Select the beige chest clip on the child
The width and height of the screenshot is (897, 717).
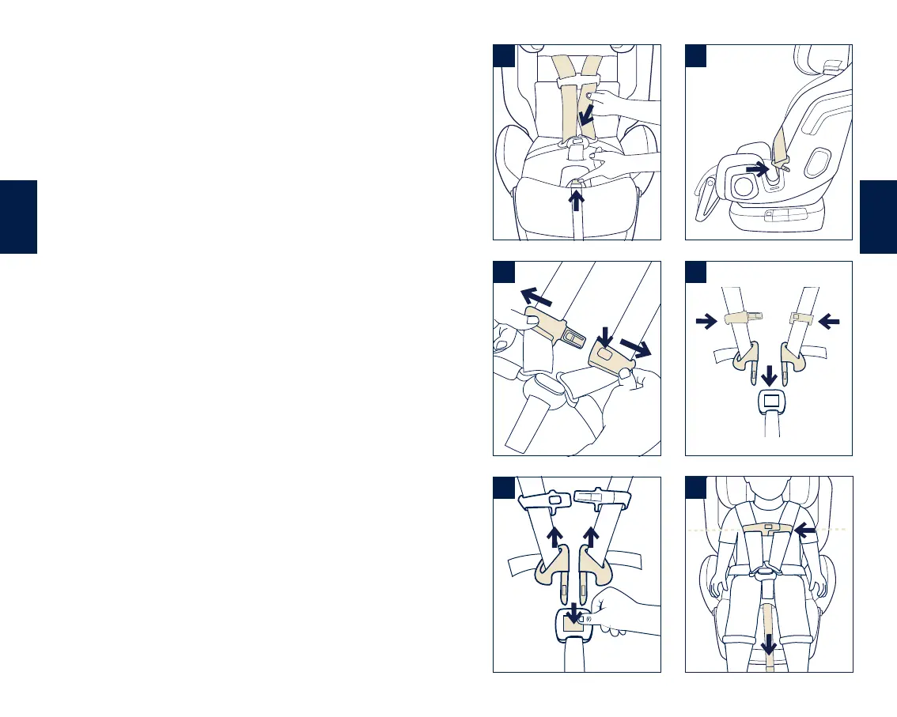click(x=768, y=527)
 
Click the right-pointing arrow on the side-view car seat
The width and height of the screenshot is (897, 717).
click(x=757, y=168)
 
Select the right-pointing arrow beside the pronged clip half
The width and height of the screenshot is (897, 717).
click(x=706, y=320)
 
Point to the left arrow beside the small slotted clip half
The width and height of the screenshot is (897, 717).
click(x=831, y=320)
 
